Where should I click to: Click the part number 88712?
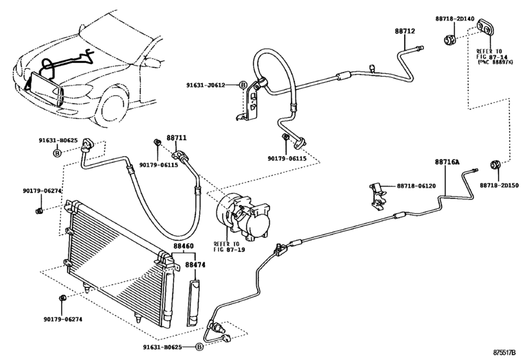pyautogui.click(x=405, y=32)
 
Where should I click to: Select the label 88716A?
pyautogui.click(x=447, y=162)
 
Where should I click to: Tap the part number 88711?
pyautogui.click(x=176, y=138)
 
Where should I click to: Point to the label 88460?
pyautogui.click(x=183, y=246)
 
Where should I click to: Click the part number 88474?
pyautogui.click(x=195, y=265)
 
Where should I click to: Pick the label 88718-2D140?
pyautogui.click(x=455, y=19)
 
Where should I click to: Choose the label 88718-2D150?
pyautogui.click(x=499, y=185)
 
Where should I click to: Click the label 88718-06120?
pyautogui.click(x=416, y=186)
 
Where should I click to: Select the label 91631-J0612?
pyautogui.click(x=206, y=85)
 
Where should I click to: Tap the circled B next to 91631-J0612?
pyautogui.click(x=243, y=85)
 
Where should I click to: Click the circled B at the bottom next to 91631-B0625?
pyautogui.click(x=199, y=347)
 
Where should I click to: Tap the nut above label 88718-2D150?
pyautogui.click(x=495, y=165)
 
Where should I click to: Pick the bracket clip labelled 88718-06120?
pyautogui.click(x=378, y=196)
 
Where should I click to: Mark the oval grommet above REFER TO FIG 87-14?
pyautogui.click(x=485, y=27)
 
